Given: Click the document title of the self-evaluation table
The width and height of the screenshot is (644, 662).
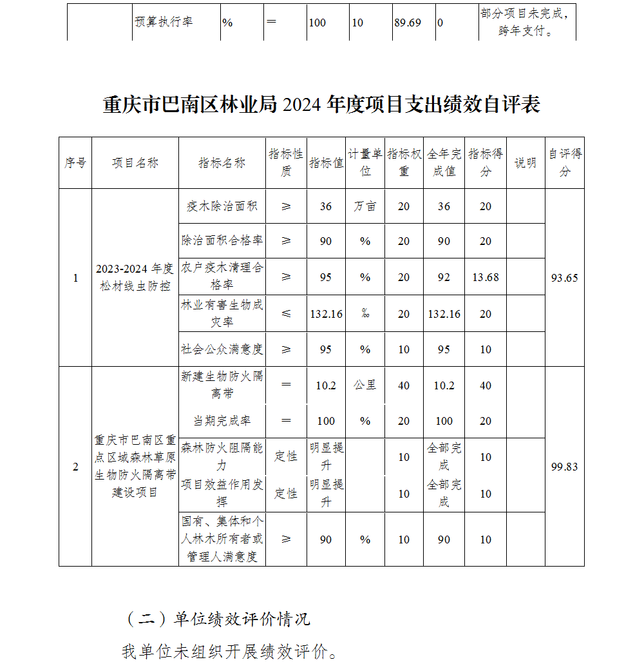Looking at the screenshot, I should click(x=321, y=105).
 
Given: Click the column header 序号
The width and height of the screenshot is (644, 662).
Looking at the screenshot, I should click(x=75, y=163).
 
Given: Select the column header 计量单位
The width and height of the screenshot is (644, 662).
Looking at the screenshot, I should click(x=365, y=162).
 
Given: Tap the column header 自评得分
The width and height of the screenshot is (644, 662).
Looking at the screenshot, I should click(x=565, y=162).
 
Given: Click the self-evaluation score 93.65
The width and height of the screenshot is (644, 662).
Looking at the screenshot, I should click(x=565, y=278).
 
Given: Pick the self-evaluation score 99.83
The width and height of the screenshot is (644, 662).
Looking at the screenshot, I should click(x=565, y=467).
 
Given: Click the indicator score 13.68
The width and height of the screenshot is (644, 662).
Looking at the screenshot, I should click(x=486, y=278).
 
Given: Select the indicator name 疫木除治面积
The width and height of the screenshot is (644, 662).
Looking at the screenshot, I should click(x=222, y=206).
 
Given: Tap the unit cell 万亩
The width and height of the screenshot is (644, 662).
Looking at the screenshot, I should click(x=365, y=206).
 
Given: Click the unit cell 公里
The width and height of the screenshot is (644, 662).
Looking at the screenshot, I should click(x=365, y=385).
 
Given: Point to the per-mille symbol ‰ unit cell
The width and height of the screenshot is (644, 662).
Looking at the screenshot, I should click(x=365, y=314).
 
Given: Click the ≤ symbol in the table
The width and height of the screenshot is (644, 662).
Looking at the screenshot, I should click(x=286, y=314).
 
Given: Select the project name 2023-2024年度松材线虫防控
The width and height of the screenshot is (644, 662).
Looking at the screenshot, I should click(x=135, y=277).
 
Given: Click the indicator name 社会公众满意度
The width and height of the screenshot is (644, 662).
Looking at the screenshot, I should click(x=222, y=349).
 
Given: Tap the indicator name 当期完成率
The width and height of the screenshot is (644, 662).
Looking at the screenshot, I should click(x=222, y=421).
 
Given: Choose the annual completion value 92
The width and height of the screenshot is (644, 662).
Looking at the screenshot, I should click(x=444, y=278).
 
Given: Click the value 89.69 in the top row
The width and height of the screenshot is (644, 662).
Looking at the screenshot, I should click(x=407, y=23).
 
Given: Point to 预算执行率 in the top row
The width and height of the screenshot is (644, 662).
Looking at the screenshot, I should click(x=164, y=21).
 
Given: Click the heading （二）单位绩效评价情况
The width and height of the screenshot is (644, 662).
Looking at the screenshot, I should click(x=217, y=619).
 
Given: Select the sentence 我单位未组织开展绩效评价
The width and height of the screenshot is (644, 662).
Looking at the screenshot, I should click(x=229, y=650).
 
